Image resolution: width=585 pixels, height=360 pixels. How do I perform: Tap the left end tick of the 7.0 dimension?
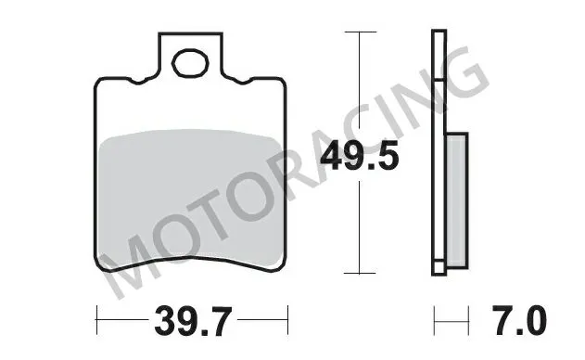[x=435, y=325]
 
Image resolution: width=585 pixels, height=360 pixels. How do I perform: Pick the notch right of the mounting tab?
[x=244, y=83]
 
